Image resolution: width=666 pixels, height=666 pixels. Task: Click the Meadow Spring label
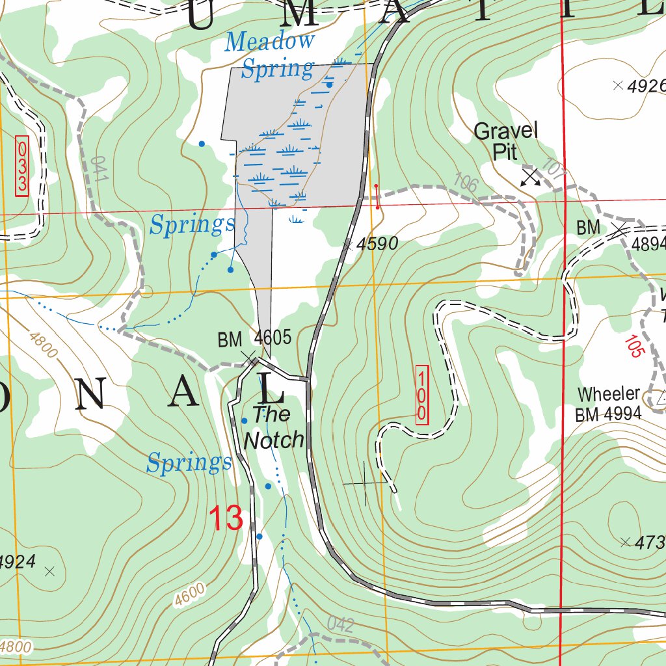pyautogui.click(x=269, y=55)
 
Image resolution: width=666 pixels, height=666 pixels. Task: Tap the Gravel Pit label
pyautogui.click(x=505, y=141)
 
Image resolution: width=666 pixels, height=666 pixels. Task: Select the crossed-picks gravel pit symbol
pyautogui.click(x=531, y=177)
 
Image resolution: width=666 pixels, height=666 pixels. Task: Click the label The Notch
pyautogui.click(x=273, y=427)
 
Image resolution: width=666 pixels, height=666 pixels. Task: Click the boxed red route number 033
pyautogui.click(x=22, y=165)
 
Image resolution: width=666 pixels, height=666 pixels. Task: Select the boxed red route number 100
pyautogui.click(x=422, y=395)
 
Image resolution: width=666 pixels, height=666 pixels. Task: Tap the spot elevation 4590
pyautogui.click(x=377, y=245)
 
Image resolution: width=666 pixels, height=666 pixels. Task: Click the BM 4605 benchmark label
pyautogui.click(x=254, y=339)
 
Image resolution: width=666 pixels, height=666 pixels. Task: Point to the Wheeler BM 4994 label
pyautogui.click(x=609, y=404)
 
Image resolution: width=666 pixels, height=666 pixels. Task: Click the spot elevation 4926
pyautogui.click(x=647, y=86)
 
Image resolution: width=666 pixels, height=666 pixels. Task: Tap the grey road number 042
pyautogui.click(x=340, y=625)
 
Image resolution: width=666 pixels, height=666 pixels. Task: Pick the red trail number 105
pyautogui.click(x=632, y=346)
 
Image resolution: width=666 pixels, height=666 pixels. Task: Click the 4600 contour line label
pyautogui.click(x=191, y=595)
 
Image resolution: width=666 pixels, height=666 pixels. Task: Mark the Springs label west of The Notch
pyautogui.click(x=189, y=463)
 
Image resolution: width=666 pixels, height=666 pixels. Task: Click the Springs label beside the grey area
pyautogui.click(x=192, y=225)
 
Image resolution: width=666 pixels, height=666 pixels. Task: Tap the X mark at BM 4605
pyautogui.click(x=249, y=357)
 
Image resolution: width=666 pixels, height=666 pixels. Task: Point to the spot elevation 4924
pyautogui.click(x=18, y=561)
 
